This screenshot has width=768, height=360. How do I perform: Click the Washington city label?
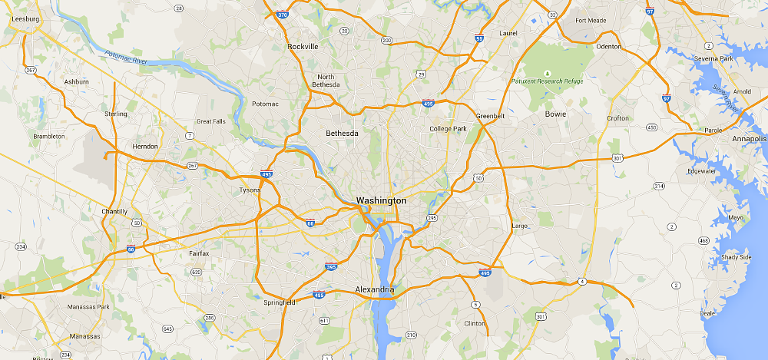pos(380,200)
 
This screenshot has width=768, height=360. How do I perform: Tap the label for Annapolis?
pos(749,139)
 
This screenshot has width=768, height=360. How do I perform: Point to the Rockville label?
pos(303,46)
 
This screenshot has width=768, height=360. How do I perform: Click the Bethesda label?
pos(342,133)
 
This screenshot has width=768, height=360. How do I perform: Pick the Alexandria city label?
pos(375,289)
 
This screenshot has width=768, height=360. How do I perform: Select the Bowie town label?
pos(555,114)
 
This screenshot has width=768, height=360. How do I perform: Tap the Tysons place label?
pos(250,190)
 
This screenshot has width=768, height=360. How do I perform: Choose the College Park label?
pos(448,128)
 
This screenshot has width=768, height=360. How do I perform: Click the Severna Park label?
pos(716,58)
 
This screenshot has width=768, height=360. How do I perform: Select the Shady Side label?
pos(735,257)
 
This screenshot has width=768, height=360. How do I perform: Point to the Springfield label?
pos(278,302)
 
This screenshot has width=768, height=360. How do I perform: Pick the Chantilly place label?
pos(114,211)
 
